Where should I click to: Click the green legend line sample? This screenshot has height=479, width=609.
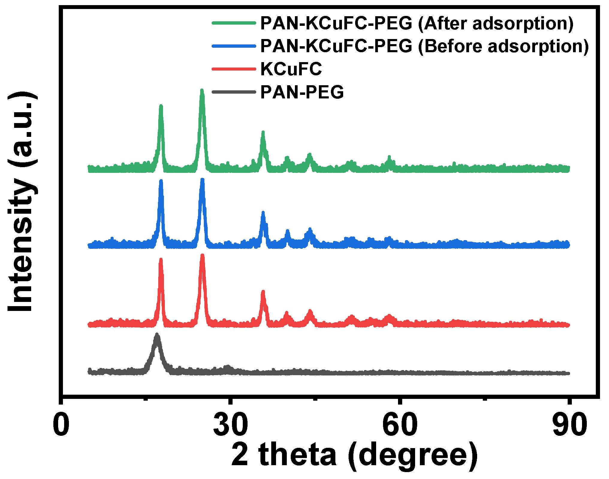(x=234, y=23)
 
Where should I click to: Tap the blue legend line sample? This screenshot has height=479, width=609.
(x=234, y=46)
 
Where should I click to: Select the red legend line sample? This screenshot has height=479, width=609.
(x=234, y=69)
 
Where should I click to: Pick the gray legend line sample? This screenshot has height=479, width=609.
(x=234, y=92)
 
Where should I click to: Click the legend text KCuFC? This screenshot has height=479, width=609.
(x=291, y=69)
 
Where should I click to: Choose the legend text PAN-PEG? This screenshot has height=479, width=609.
(x=302, y=92)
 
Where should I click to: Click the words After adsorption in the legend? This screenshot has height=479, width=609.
(x=496, y=23)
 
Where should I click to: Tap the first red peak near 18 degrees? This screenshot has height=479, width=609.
(x=161, y=261)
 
